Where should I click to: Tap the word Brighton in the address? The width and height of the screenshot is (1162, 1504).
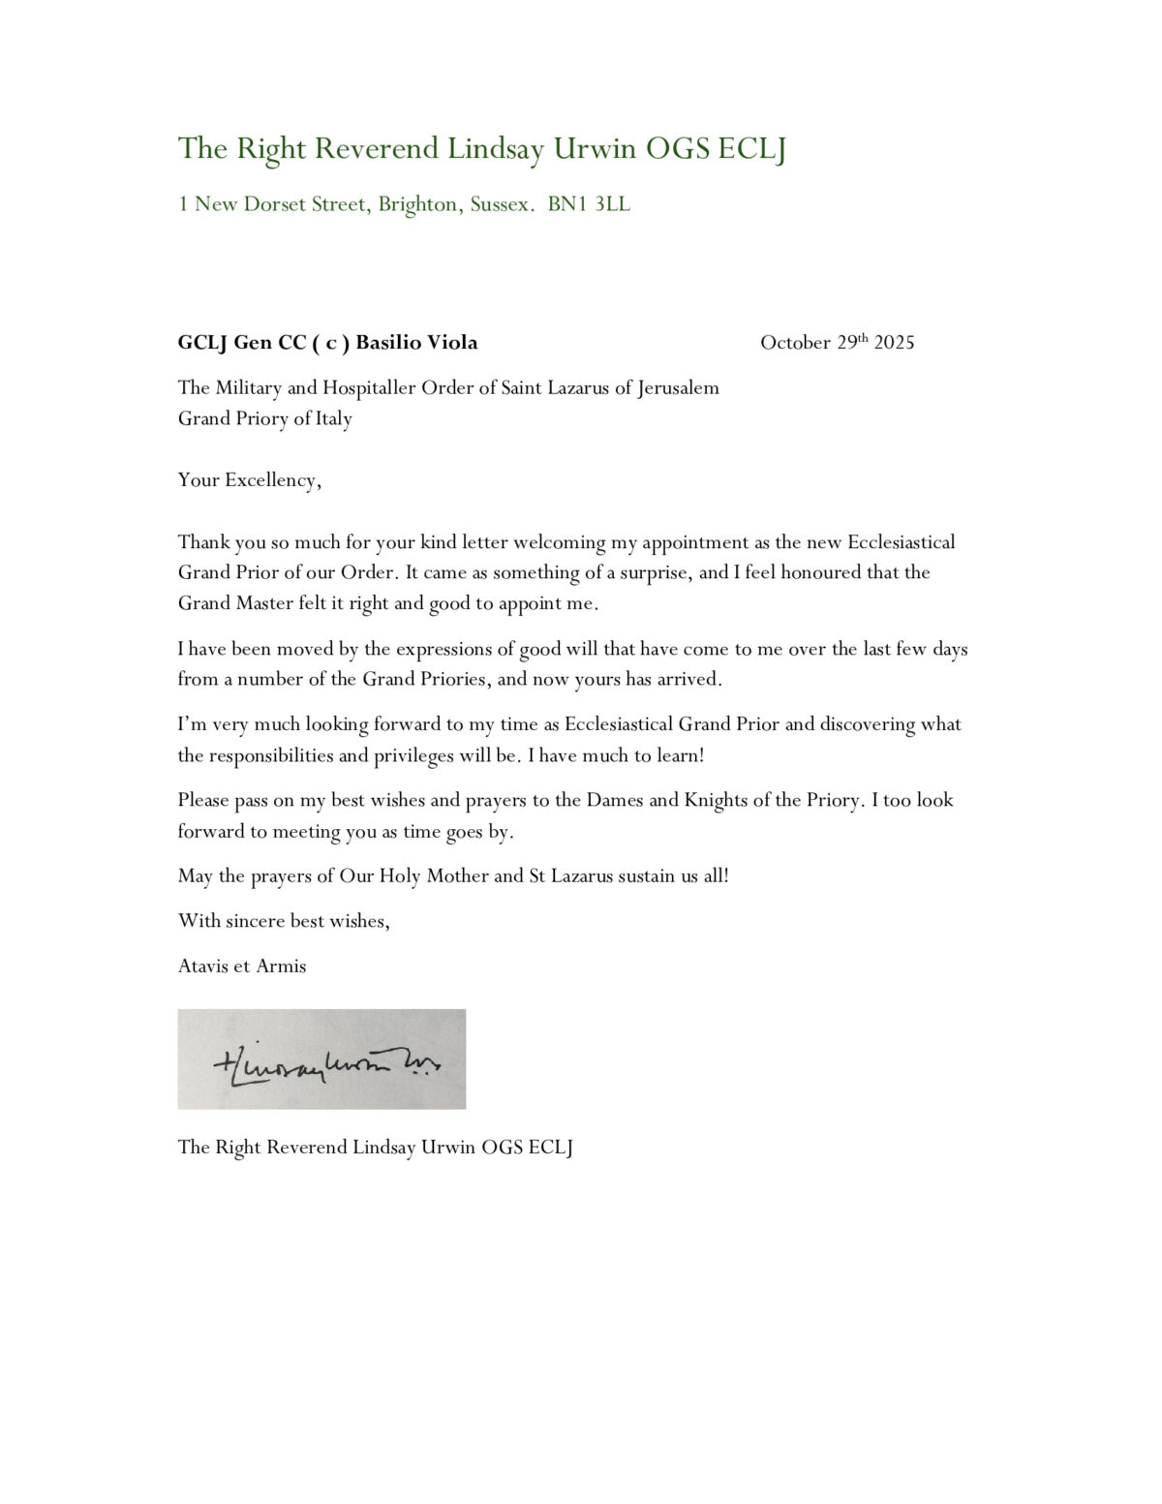tap(417, 204)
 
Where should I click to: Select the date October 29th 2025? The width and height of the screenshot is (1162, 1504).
tap(837, 342)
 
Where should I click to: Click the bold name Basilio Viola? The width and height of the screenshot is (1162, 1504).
tap(416, 342)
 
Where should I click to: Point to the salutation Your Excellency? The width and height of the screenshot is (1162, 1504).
tap(249, 480)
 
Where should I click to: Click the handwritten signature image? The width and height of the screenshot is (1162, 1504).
tap(321, 1059)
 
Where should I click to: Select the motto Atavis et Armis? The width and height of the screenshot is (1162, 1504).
tap(242, 966)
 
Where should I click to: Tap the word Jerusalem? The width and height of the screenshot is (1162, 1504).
tap(679, 388)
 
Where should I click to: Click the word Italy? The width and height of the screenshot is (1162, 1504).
tap(333, 419)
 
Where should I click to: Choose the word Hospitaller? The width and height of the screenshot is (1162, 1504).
tap(369, 388)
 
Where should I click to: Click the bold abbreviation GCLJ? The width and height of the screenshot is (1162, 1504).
tap(202, 342)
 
